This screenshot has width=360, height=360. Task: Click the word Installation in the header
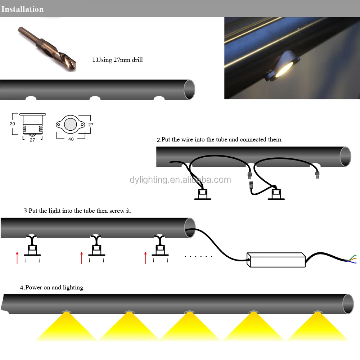click(x=22, y=9)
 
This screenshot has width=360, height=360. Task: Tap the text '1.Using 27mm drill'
click(x=118, y=60)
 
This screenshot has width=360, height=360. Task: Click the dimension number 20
click(x=13, y=123)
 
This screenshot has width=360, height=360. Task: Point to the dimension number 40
click(x=71, y=139)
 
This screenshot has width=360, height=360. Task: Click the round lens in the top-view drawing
click(x=70, y=124)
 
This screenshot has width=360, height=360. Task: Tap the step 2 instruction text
click(x=220, y=139)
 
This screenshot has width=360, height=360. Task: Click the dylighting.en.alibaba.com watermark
click(x=180, y=180)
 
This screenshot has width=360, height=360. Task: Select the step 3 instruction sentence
click(x=78, y=211)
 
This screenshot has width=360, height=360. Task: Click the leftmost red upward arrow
click(x=17, y=258)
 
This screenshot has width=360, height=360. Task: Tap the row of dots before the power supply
click(x=198, y=256)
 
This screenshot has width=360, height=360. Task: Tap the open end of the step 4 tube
click(x=348, y=304)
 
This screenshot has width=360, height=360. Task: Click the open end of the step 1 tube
click(x=189, y=89)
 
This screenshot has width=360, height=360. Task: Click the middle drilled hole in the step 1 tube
click(x=95, y=98)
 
